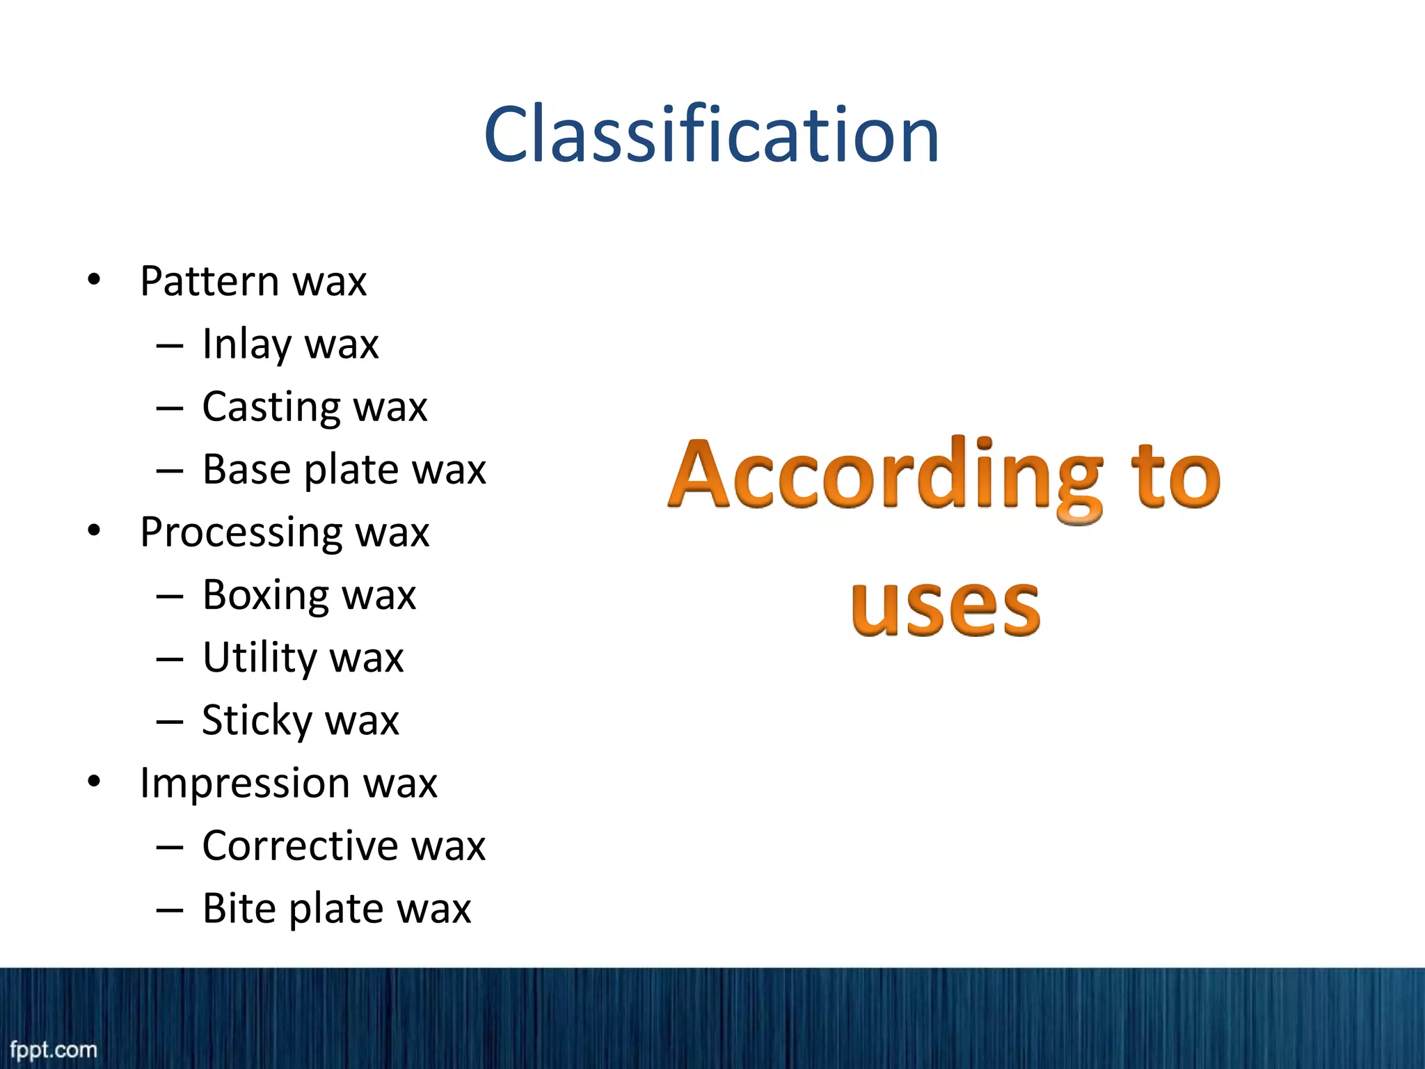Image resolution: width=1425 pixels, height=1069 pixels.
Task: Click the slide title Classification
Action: pos(711,134)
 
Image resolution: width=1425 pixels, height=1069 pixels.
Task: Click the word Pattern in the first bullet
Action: pos(209,281)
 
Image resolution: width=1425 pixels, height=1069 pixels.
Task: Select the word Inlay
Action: pos(246,345)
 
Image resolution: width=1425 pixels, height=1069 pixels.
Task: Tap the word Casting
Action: pos(271,408)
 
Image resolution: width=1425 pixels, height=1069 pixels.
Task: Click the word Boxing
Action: pos(264,596)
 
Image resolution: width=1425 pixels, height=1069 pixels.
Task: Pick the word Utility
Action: pos(259,658)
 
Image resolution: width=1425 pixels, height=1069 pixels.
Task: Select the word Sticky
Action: pos(256,721)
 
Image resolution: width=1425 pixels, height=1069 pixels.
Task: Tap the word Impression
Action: pos(244,784)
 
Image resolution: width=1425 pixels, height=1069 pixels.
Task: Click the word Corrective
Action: pos(300,846)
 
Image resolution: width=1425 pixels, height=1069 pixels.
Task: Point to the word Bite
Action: pos(238,909)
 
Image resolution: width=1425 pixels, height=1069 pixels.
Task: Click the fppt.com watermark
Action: pos(54,1049)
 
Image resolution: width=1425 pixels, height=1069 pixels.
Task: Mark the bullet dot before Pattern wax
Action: pos(94,281)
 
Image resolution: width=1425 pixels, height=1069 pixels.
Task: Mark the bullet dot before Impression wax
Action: pos(94,782)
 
